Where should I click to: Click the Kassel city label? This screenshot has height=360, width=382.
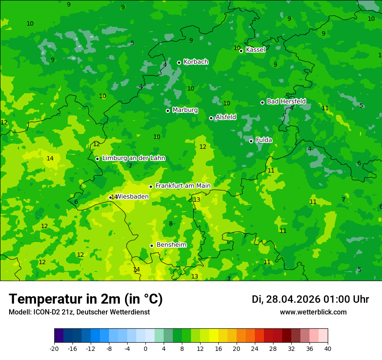tap(255, 50)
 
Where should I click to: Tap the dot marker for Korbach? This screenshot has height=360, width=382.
tap(179, 62)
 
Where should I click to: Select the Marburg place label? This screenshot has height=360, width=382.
tap(185, 110)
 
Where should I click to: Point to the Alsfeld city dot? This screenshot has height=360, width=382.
tap(211, 118)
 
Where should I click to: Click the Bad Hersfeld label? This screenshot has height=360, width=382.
tap(286, 101)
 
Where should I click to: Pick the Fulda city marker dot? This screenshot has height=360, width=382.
tap(251, 141)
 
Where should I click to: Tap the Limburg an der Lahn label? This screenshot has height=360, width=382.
tap(133, 158)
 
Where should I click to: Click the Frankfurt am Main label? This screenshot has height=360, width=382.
tap(183, 186)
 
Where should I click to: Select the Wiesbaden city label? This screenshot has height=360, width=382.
tap(132, 196)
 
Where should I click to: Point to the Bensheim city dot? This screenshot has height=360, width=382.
tap(151, 245)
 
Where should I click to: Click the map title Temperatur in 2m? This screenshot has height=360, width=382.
tap(86, 299)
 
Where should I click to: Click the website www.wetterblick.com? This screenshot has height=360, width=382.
tap(313, 312)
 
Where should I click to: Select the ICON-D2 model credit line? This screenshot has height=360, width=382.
tap(79, 312)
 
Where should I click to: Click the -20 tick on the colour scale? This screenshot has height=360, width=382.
tap(54, 348)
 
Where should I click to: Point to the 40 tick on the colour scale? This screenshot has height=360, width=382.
tap(327, 348)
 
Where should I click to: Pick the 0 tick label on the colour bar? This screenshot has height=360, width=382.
tap(145, 348)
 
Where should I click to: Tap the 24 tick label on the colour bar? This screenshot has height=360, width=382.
tap(254, 348)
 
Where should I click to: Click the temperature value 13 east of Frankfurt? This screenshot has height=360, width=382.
tap(197, 200)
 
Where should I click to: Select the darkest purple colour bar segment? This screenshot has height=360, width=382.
tap(59, 336)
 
